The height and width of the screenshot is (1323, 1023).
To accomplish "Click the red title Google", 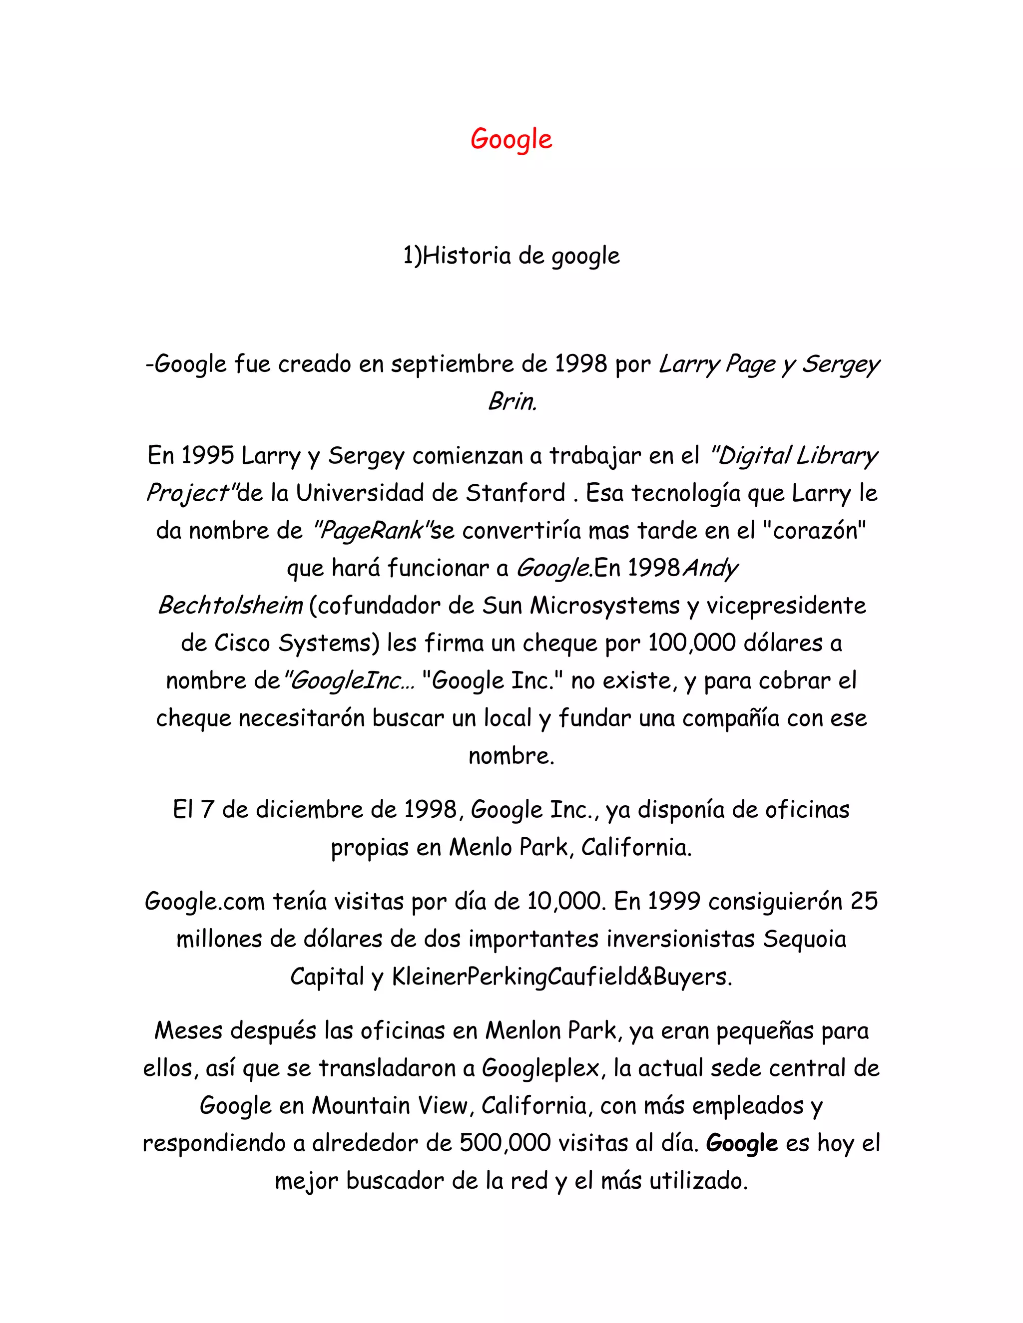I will (511, 139).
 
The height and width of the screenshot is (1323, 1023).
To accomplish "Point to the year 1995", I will (207, 455).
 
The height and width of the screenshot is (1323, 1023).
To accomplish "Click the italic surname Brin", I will (512, 401).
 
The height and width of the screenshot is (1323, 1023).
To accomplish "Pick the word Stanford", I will (515, 493).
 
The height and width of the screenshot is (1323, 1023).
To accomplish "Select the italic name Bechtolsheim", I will (230, 606).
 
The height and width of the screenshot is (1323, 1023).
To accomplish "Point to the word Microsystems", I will (604, 606).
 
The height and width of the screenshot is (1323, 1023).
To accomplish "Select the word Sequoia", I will (804, 939).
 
